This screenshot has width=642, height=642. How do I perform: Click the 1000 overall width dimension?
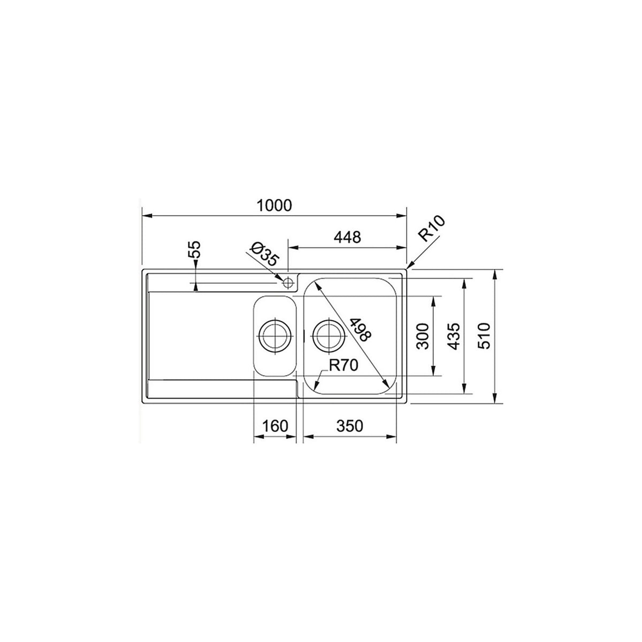pos(274,205)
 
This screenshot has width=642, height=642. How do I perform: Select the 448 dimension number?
pos(348,237)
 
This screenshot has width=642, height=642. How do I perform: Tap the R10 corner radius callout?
pos(431,228)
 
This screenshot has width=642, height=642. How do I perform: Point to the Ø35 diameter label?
pos(265,254)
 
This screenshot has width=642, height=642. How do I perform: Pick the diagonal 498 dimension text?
pos(361,330)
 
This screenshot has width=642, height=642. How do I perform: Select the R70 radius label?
pos(343,365)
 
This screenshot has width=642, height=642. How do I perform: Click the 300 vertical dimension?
pos(423,336)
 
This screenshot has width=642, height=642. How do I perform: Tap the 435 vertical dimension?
pos(454,336)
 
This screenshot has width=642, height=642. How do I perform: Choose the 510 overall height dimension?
pos(484,336)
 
